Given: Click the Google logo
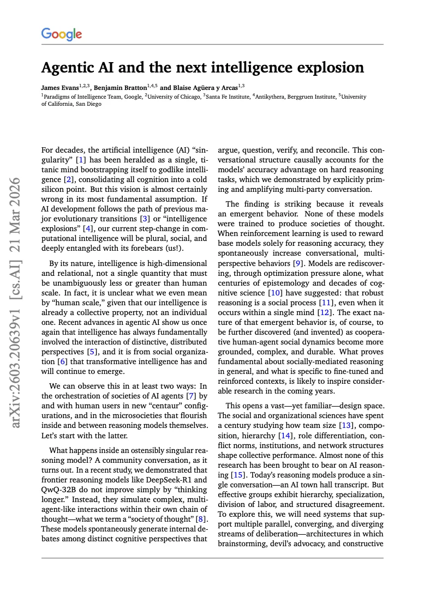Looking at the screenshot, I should pos(62,34).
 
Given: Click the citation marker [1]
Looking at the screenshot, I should pos(81,160).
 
